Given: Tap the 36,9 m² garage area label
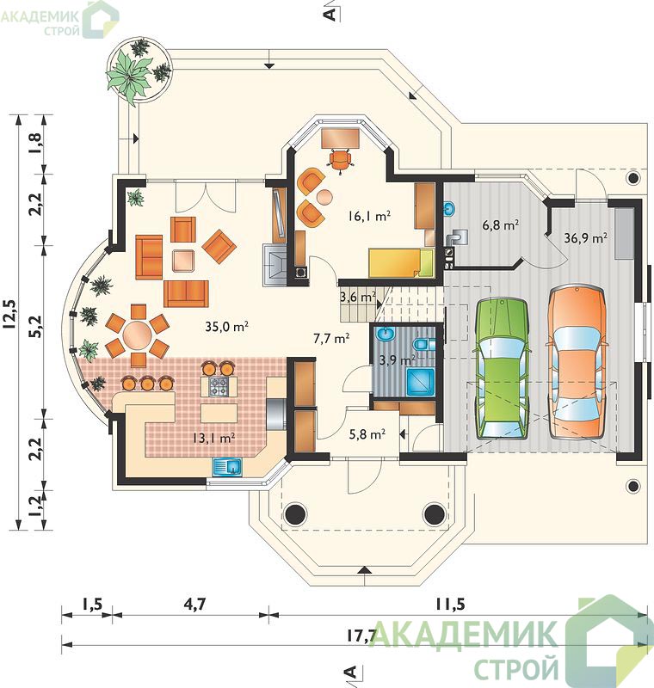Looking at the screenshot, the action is (585, 238).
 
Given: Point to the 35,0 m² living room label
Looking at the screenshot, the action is (227, 327).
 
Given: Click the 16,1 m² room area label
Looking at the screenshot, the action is (369, 216).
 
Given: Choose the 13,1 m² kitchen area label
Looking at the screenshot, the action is (213, 438).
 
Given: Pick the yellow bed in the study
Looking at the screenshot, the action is (401, 263).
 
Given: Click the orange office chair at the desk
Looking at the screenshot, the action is (340, 159).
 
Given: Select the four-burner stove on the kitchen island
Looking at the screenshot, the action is (219, 386).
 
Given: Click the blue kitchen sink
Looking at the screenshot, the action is (227, 467).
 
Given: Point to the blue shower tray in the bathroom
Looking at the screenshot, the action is (421, 382).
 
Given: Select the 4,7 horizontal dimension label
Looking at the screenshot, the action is (194, 605).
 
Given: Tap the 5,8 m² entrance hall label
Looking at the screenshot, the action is (367, 434).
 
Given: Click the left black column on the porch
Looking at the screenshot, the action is (294, 513).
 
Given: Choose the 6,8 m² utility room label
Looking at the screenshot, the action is (500, 225).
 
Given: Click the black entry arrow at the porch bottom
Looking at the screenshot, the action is (363, 570).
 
